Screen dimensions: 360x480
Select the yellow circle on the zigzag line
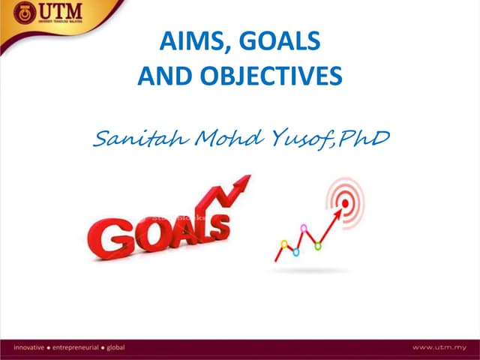tap(284, 244)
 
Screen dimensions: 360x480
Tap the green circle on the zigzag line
tap(295, 252)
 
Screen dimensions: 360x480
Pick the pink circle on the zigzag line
tap(304, 228)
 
